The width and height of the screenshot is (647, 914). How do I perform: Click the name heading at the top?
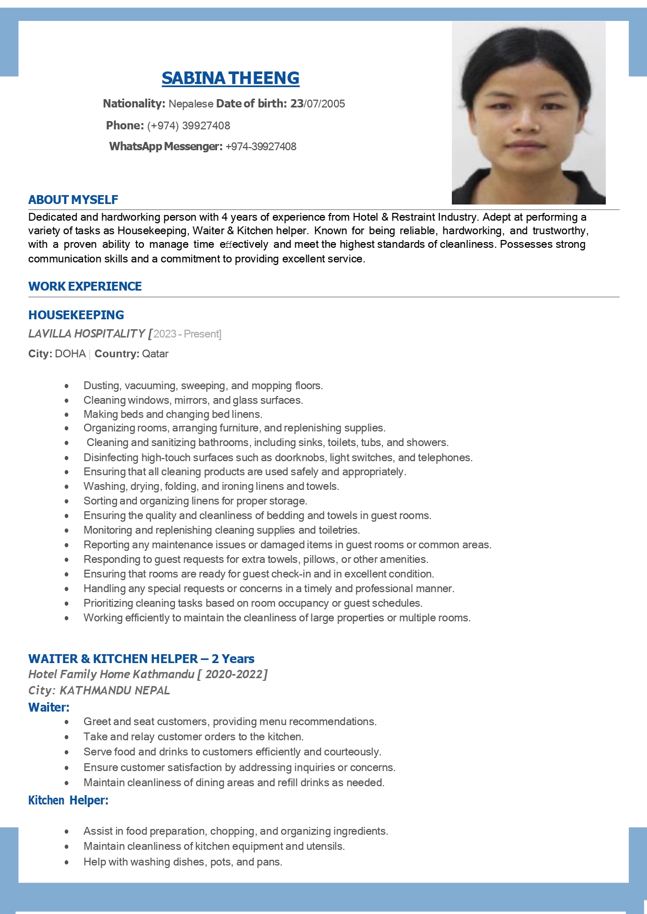pyautogui.click(x=230, y=78)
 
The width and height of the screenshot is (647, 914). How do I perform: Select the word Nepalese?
pyautogui.click(x=191, y=104)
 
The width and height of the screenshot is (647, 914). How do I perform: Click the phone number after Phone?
pyautogui.click(x=188, y=126)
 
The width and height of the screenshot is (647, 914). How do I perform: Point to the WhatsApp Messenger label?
pyautogui.click(x=165, y=147)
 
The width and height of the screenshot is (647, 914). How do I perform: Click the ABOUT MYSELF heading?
pyautogui.click(x=73, y=200)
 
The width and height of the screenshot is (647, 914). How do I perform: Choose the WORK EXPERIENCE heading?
pyautogui.click(x=85, y=286)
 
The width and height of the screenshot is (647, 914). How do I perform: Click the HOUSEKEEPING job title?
pyautogui.click(x=76, y=315)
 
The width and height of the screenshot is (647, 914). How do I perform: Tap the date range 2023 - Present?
pyautogui.click(x=187, y=334)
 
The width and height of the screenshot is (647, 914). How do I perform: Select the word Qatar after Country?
pyautogui.click(x=155, y=354)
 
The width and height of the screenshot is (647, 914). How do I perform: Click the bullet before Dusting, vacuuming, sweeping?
pyautogui.click(x=67, y=386)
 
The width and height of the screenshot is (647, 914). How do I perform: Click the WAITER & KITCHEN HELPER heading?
pyautogui.click(x=141, y=659)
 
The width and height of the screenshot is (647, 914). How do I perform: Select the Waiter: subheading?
pyautogui.click(x=49, y=707)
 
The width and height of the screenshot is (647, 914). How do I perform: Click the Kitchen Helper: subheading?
pyautogui.click(x=68, y=800)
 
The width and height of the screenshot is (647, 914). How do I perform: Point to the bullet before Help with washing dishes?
pyautogui.click(x=67, y=862)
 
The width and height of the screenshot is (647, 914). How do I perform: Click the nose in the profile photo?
pyautogui.click(x=527, y=123)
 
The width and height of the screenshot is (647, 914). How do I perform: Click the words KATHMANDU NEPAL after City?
pyautogui.click(x=115, y=691)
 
